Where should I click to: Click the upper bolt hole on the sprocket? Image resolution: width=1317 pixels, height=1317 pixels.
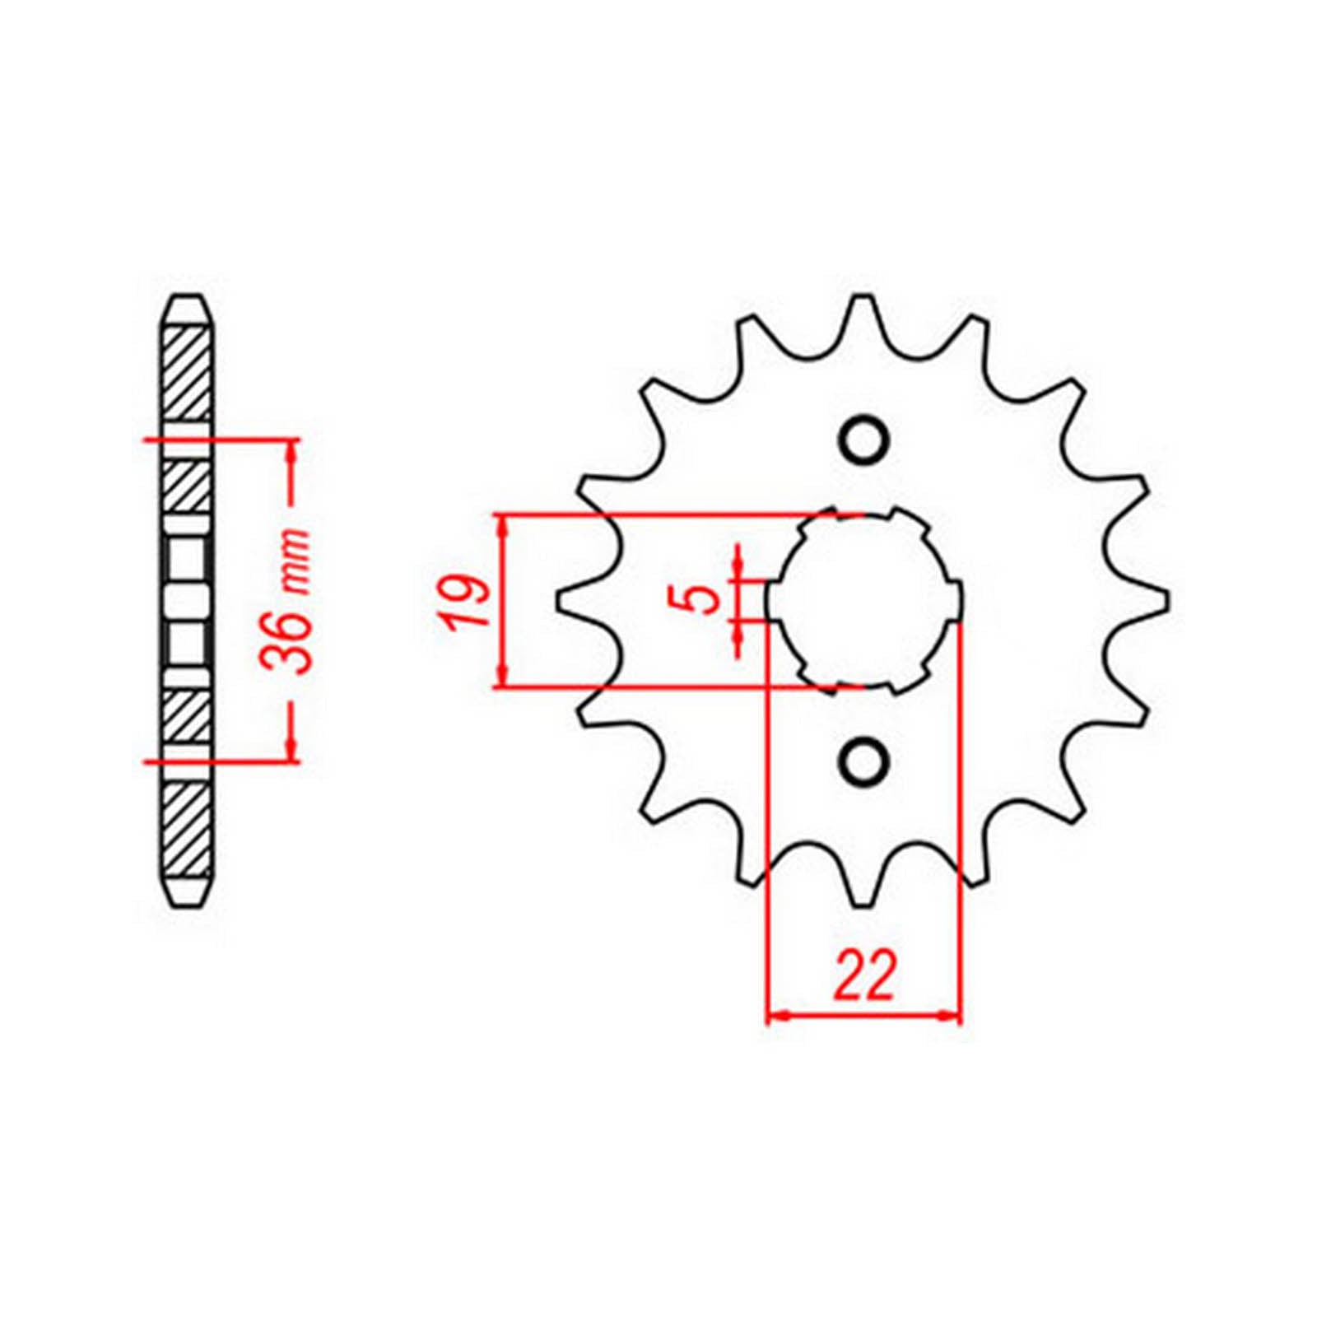(863, 440)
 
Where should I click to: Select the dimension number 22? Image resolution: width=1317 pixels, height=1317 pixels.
(864, 976)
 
